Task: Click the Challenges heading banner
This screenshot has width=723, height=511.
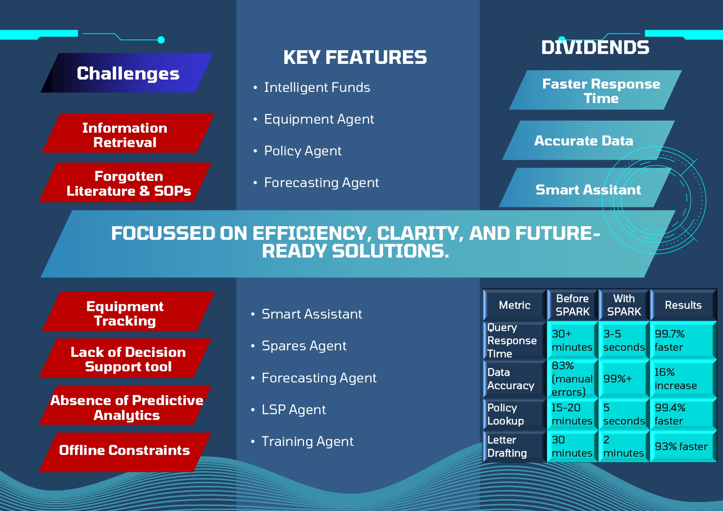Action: click(x=127, y=73)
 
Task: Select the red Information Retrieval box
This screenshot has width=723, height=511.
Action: click(x=128, y=133)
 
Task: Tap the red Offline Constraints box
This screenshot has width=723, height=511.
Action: click(x=125, y=452)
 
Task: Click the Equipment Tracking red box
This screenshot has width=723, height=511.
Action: click(x=128, y=312)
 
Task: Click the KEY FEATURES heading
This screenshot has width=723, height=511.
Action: click(x=355, y=57)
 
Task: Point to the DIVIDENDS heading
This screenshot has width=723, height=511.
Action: click(x=595, y=47)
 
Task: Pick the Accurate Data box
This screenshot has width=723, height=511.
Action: click(x=588, y=141)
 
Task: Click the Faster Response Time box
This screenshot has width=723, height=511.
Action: click(x=595, y=90)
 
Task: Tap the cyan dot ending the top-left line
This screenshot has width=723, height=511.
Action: click(x=161, y=40)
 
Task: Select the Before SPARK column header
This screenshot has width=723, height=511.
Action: click(x=573, y=305)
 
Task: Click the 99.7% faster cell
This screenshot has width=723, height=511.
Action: click(x=683, y=340)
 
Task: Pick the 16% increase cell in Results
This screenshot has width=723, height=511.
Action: click(x=683, y=379)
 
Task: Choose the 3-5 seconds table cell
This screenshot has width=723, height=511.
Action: click(x=624, y=340)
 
